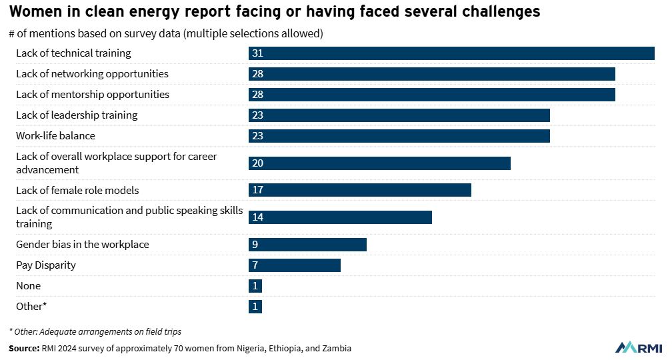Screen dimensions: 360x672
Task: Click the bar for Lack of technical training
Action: (x=451, y=53)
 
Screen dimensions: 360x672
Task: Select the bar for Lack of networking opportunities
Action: (x=431, y=74)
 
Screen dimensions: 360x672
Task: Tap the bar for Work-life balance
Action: (x=399, y=136)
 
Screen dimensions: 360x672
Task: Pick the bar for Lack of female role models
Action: (x=359, y=190)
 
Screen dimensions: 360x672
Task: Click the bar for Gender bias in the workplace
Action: (x=307, y=245)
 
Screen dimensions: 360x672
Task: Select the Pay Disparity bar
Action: (x=294, y=265)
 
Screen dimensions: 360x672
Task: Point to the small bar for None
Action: (x=255, y=286)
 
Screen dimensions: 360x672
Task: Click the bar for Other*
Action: (x=255, y=307)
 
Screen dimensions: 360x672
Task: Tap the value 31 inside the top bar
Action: (x=258, y=53)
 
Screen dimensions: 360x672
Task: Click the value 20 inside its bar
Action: (x=258, y=163)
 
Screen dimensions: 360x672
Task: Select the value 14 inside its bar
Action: (x=258, y=217)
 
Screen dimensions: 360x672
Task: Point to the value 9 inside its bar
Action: (x=255, y=245)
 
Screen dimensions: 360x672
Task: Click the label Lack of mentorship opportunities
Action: (x=93, y=95)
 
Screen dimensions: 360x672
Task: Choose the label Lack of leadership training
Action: (x=77, y=115)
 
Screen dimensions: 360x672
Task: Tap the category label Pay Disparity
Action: (x=46, y=265)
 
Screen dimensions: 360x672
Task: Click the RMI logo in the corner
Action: (x=639, y=347)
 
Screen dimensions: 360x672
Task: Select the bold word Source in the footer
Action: (x=24, y=349)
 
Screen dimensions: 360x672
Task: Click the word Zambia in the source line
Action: (x=335, y=349)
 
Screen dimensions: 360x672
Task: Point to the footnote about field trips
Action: (x=95, y=331)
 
